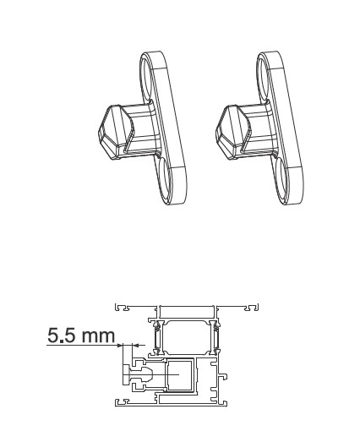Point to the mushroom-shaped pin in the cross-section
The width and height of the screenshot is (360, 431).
tap(136, 371)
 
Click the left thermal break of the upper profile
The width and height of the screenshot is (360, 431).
tap(156, 339)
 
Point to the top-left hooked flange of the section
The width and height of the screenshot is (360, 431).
tap(121, 305)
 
